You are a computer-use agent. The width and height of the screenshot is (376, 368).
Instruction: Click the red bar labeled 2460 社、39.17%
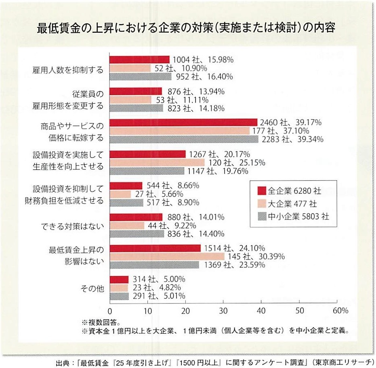click(183, 122)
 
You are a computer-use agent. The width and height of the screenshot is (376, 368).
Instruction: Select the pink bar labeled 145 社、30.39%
click(167, 256)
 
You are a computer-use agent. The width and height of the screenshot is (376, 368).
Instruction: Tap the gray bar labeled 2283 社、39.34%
click(184, 139)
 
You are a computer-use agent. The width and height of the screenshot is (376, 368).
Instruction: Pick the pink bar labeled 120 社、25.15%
click(157, 163)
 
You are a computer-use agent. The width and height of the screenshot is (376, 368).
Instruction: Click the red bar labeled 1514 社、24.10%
click(155, 248)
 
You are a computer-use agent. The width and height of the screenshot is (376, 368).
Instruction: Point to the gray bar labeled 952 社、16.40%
click(141, 77)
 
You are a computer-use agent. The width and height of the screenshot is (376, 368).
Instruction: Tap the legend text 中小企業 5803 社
click(298, 217)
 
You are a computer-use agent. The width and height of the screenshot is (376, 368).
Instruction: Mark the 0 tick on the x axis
click(110, 311)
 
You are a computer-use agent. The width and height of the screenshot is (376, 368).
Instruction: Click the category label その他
click(93, 289)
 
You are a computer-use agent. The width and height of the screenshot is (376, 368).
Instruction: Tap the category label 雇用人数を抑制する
click(68, 70)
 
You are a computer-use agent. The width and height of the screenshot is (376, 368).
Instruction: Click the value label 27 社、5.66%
click(153, 194)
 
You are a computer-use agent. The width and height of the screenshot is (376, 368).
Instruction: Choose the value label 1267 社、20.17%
click(219, 154)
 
